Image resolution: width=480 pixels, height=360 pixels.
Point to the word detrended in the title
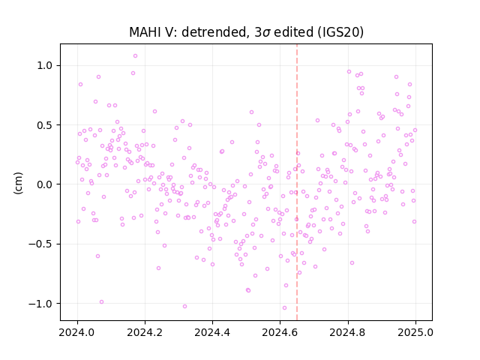(x=215, y=32)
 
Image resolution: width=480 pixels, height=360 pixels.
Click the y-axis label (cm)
(x=18, y=183)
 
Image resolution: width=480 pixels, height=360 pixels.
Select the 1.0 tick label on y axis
(x=46, y=65)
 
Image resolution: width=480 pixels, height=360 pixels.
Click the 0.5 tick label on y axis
(x=46, y=125)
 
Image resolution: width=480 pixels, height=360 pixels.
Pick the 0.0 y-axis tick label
(x=46, y=184)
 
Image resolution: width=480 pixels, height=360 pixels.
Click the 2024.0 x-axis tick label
(x=77, y=332)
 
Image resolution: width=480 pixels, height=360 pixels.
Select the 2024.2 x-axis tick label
(x=145, y=332)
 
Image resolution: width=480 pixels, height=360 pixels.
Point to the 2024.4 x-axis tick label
(x=212, y=332)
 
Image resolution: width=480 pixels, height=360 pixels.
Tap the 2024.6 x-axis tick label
(x=280, y=332)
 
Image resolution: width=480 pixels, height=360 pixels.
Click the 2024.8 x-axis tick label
(x=348, y=332)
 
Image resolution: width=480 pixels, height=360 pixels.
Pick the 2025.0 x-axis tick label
(x=415, y=332)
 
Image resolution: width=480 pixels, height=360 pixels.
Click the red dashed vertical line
(x=297, y=182)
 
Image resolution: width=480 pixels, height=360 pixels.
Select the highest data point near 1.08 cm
(x=135, y=56)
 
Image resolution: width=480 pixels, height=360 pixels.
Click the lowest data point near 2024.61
(x=284, y=308)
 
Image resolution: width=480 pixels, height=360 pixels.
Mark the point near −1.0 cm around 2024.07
(x=102, y=301)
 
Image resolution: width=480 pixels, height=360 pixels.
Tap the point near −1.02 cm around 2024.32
(x=184, y=307)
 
